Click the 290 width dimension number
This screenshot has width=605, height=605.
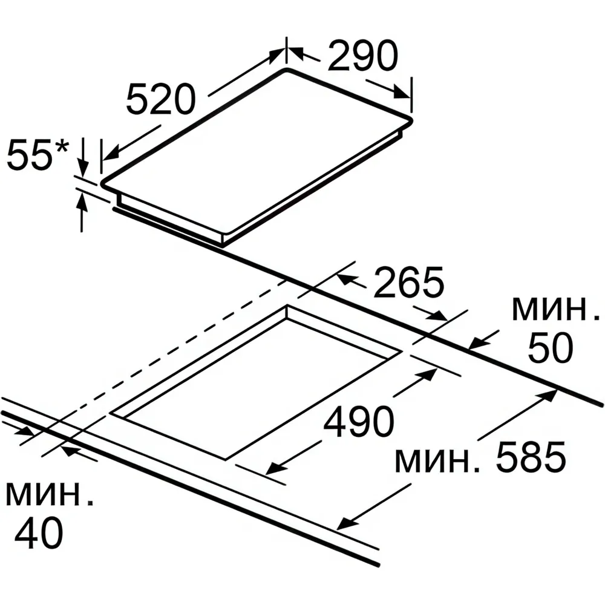(362, 56)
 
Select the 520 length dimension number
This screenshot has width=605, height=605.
(160, 100)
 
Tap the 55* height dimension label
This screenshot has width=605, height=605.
(38, 155)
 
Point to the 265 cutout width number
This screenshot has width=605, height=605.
(408, 282)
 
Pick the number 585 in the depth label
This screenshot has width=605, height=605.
(531, 457)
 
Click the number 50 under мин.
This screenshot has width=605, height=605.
(550, 347)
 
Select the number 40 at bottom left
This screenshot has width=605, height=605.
(39, 533)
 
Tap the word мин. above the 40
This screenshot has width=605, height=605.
(50, 494)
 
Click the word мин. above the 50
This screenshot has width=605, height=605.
(556, 309)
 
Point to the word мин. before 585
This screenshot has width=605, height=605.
(437, 461)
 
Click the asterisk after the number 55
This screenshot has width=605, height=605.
(61, 147)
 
